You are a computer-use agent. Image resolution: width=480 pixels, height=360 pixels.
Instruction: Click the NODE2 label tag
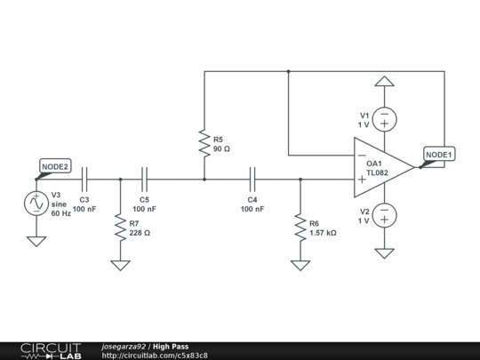55,166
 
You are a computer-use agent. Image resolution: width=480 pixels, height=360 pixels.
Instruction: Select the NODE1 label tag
439,155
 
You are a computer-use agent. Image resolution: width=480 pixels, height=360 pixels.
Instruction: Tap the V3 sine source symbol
36,204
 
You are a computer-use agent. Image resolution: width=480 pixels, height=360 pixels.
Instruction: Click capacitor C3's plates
84,180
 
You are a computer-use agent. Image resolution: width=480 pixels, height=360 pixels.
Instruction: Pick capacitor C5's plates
145,180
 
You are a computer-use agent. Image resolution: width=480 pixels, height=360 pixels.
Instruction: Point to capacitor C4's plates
252,180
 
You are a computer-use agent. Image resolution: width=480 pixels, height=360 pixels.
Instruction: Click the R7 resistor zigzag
120,228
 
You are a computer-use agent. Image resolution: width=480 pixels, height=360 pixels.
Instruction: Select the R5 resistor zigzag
204,143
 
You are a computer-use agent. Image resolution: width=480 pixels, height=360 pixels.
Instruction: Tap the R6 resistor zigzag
300,228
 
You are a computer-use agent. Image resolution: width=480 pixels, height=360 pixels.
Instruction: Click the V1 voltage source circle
385,119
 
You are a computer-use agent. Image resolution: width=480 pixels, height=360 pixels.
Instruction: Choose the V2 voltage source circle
385,215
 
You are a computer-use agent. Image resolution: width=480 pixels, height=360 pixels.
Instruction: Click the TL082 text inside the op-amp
377,172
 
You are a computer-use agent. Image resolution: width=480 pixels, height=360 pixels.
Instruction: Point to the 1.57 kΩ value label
323,233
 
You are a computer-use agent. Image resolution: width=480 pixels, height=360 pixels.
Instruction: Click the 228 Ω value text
140,233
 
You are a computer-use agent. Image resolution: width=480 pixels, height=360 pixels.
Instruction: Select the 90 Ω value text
221,148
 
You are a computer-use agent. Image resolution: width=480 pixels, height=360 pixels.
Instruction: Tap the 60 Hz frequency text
61,213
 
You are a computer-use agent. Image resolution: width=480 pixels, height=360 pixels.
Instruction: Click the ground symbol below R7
120,266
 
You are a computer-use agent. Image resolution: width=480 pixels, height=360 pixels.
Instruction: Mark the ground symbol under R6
300,266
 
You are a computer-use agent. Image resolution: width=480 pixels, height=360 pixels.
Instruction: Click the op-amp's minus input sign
362,156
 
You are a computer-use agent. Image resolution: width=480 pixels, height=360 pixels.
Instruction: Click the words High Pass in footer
171,347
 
